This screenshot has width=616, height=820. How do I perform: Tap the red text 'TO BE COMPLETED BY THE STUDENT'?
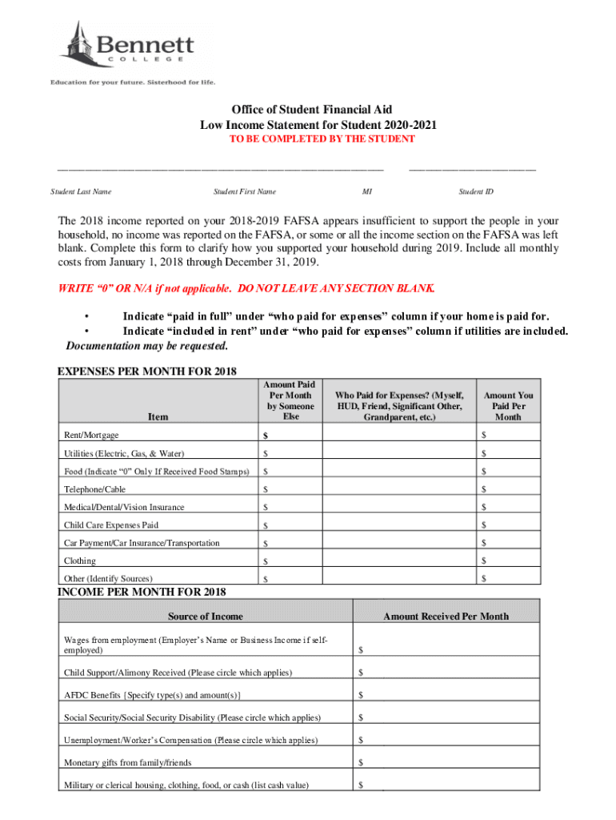pyautogui.click(x=312, y=139)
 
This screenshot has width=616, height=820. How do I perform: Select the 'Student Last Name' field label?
pyautogui.click(x=81, y=191)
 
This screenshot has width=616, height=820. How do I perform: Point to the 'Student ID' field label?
pyautogui.click(x=476, y=191)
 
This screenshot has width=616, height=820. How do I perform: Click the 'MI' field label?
pyautogui.click(x=366, y=191)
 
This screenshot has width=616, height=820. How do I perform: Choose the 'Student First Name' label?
pyautogui.click(x=245, y=191)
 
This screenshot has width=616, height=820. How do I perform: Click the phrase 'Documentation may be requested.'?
pyautogui.click(x=146, y=346)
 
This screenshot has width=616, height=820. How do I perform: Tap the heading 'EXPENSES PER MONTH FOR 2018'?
pyautogui.click(x=147, y=372)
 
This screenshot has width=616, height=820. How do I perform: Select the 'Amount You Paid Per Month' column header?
pyautogui.click(x=508, y=406)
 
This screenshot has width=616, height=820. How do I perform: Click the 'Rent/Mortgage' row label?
pyautogui.click(x=91, y=435)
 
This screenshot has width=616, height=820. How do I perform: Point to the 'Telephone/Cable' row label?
pyautogui.click(x=94, y=489)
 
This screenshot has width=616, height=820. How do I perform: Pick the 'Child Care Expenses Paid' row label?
pyautogui.click(x=111, y=525)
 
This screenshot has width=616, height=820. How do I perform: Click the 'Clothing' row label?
pyautogui.click(x=80, y=561)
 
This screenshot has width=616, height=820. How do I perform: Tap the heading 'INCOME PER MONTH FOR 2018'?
pyautogui.click(x=142, y=592)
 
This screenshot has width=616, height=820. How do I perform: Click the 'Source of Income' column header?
pyautogui.click(x=206, y=616)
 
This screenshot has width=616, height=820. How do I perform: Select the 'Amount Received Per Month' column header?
pyautogui.click(x=446, y=616)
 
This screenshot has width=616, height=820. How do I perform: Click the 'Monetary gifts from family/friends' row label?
pyautogui.click(x=127, y=762)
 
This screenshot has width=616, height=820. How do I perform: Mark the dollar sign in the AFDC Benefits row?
pyautogui.click(x=362, y=695)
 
